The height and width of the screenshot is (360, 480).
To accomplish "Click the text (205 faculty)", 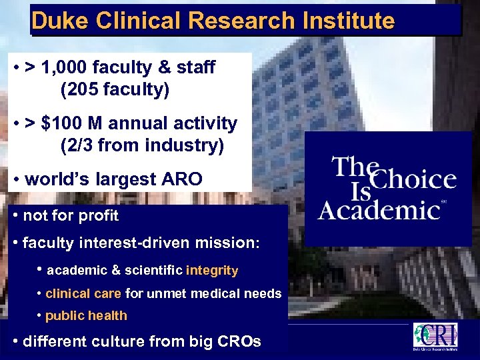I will (115, 89).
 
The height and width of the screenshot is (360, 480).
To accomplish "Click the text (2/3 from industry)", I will (142, 145).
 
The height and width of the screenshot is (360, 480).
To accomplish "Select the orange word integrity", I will (212, 271).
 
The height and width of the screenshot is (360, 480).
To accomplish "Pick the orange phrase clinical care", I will (83, 293).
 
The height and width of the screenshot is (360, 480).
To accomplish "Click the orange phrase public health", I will (86, 316).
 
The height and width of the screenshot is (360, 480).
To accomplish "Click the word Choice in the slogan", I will (413, 179).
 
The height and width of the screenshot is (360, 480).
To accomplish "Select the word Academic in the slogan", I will (378, 209).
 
